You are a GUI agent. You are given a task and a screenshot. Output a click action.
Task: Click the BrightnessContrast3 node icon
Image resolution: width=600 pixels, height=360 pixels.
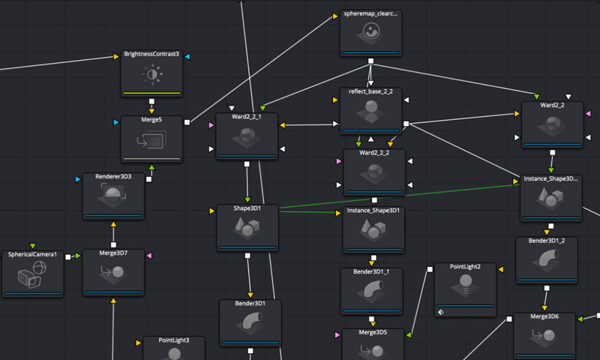pos(152,74)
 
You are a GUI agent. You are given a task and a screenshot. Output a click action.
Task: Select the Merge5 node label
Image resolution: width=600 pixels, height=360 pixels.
pos(151,120)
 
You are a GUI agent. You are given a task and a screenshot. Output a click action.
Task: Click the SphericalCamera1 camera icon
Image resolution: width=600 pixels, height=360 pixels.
pos(32,274)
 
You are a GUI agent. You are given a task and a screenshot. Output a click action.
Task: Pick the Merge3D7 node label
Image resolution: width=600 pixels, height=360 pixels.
pos(113,253)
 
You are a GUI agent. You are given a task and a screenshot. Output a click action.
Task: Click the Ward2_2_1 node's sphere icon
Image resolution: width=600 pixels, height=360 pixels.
pos(247,136)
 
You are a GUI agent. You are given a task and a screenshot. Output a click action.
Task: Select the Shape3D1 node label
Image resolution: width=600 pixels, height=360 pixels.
pos(247,208)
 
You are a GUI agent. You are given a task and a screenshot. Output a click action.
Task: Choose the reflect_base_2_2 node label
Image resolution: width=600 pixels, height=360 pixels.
pos(370,91)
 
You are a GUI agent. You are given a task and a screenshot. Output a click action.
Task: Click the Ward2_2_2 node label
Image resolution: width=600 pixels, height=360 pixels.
pos(374,153)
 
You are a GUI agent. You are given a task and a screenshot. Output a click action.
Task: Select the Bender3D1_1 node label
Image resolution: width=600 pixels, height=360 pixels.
pos(371,271)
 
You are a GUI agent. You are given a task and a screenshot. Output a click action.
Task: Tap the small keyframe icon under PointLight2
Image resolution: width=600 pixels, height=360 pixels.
pos(441,312)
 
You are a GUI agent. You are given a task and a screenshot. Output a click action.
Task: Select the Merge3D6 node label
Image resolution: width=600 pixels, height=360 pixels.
pos(544,316)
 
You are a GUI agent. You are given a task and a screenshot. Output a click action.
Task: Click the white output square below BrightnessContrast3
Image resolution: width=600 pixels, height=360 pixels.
pos(152,101)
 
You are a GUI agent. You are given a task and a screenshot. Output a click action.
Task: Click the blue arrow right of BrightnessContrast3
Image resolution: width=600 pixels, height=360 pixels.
pos(187,56)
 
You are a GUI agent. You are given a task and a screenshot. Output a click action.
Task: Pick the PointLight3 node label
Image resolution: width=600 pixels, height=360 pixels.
pos(174,340)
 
